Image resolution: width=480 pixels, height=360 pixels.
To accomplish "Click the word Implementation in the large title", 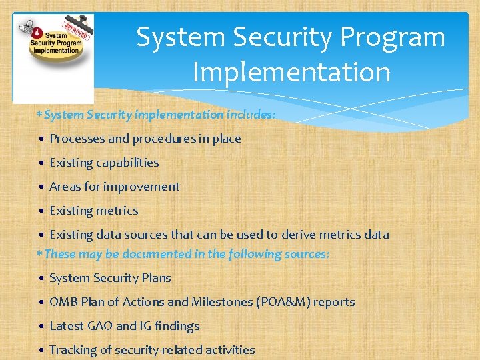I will (x=291, y=72).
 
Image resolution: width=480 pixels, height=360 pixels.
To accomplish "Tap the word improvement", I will (x=148, y=187).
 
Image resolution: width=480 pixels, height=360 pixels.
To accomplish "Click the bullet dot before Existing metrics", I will (x=41, y=211).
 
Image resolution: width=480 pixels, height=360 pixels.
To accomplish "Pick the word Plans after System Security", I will (x=157, y=278).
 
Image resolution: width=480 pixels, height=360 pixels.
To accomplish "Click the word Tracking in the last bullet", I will (x=73, y=350).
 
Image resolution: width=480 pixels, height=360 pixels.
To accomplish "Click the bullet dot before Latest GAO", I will (x=41, y=327).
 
